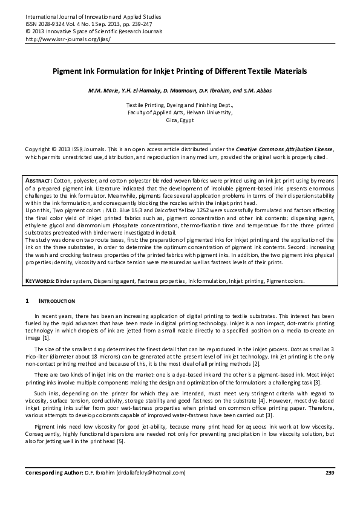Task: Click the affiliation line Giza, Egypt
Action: point(180,120)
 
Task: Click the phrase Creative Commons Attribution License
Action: point(284,149)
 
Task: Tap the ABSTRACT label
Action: point(39,181)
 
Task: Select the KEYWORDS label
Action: point(40,282)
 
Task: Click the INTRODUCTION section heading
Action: point(57,300)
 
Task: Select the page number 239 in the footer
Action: point(329,472)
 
